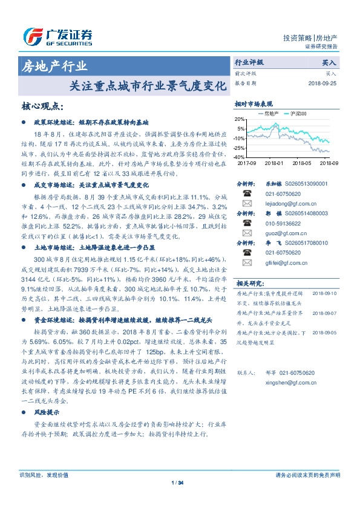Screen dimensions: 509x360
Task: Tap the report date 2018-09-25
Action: (323, 83)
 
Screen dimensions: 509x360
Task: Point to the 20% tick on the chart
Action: (241, 120)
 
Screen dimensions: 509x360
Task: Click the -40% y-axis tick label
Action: (240, 157)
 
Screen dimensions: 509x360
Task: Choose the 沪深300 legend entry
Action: (298, 113)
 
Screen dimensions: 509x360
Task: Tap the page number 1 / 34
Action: (179, 482)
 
